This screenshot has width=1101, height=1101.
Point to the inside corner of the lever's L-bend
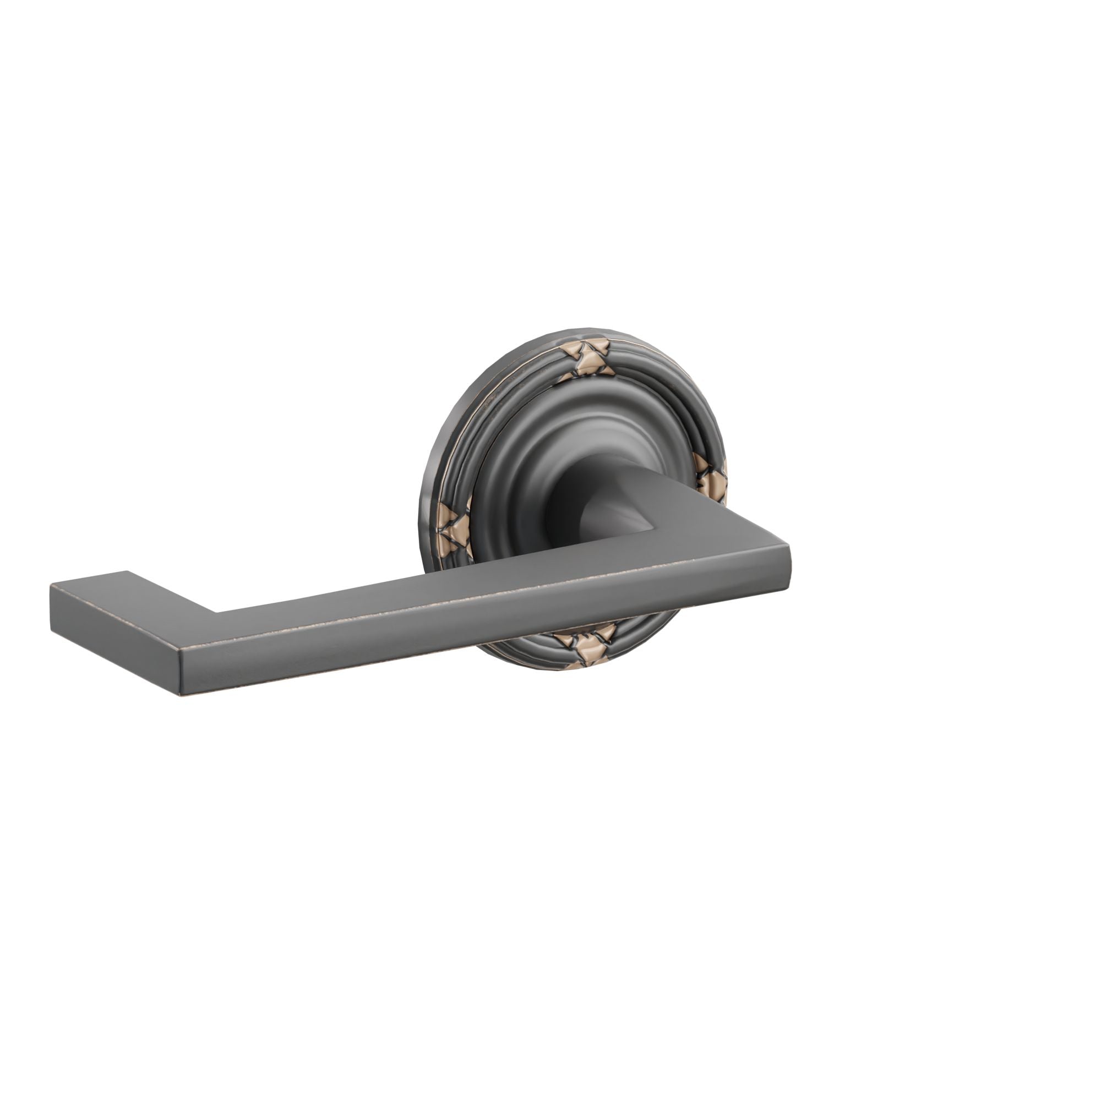[x=216, y=613]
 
